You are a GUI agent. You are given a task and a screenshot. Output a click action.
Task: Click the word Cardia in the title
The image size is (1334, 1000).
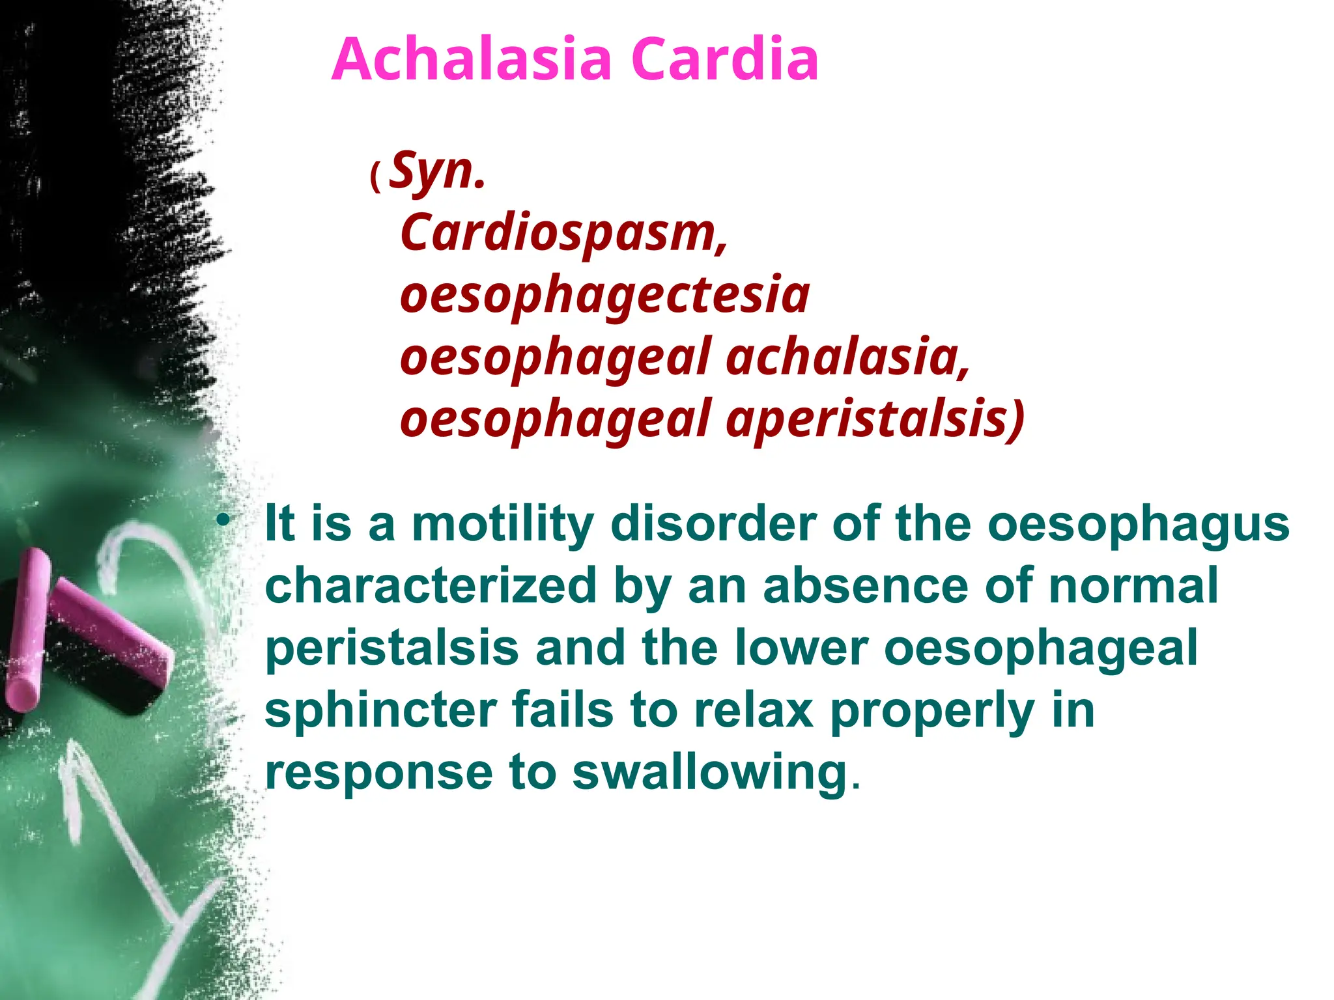tap(724, 60)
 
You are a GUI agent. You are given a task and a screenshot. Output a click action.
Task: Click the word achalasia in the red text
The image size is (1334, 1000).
tap(847, 358)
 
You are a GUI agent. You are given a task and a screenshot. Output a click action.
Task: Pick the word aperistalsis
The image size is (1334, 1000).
tap(875, 420)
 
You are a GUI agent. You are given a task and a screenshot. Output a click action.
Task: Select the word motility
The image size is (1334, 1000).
tap(503, 524)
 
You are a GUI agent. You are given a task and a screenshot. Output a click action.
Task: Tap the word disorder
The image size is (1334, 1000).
tap(713, 524)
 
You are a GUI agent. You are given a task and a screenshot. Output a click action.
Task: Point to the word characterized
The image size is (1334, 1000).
tap(431, 586)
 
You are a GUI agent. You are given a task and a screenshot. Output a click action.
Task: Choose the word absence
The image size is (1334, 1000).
tap(865, 586)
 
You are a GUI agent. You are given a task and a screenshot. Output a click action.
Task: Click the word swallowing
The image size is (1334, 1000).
tap(709, 773)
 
